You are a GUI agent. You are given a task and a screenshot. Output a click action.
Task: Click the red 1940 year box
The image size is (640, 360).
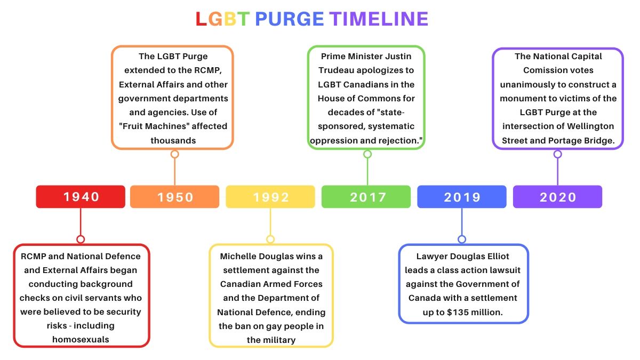click(x=81, y=197)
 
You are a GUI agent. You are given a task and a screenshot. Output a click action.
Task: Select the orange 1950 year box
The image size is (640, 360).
click(x=174, y=197)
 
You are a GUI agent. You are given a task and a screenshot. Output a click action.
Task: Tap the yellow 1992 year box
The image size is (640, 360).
click(x=270, y=197)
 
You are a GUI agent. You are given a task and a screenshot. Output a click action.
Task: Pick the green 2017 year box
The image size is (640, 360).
click(x=366, y=197)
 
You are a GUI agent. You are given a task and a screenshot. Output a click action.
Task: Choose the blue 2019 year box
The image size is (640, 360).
click(x=462, y=197)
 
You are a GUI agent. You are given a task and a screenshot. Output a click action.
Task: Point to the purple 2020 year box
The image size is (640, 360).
click(x=557, y=197)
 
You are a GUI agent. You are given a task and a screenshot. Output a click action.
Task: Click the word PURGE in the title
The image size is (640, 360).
click(x=289, y=19)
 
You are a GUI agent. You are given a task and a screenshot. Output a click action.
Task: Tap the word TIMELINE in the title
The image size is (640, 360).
click(x=379, y=19)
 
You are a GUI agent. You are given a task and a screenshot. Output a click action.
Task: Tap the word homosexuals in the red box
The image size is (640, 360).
click(x=81, y=339)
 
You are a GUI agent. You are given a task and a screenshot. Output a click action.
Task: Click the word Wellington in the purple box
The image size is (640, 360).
click(x=590, y=126)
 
